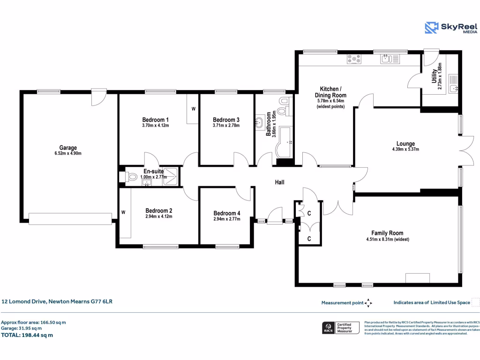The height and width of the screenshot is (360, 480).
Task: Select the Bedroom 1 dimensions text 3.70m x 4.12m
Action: click(155, 126)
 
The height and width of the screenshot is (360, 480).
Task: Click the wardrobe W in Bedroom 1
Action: click(193, 109)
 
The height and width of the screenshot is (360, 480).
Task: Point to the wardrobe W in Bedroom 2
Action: click(124, 212)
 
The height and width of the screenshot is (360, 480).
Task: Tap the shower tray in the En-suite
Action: click(172, 176)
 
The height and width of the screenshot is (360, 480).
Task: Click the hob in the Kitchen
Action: click(354, 59)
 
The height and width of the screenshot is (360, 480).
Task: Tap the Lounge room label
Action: click(405, 144)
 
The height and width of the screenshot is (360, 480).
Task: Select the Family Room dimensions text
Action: click(387, 239)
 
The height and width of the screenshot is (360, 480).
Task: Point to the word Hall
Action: click(279, 182)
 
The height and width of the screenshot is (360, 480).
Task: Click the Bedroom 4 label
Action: click(227, 213)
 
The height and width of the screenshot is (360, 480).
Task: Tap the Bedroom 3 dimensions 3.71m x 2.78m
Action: click(226, 126)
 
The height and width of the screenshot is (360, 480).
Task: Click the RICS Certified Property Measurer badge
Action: click(340, 327)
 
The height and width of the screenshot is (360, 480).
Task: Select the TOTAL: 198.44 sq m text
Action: click(27, 335)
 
